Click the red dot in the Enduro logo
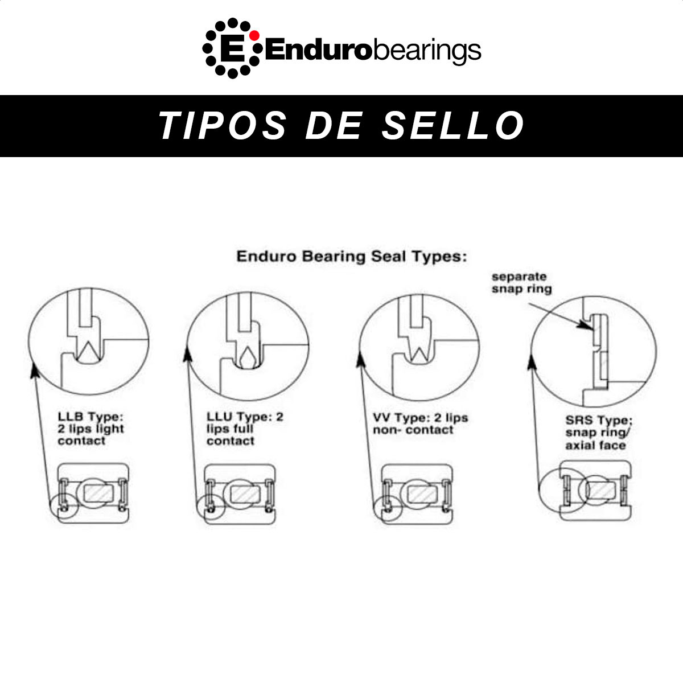coord(254,35)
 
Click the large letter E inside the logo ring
coord(232,48)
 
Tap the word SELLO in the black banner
coord(452,125)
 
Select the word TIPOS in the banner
coord(222,125)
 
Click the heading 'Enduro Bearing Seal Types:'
coord(352,256)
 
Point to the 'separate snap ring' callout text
coord(521,283)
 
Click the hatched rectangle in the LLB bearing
coord(98,493)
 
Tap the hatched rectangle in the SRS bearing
coord(601,491)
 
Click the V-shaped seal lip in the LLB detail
coord(88,349)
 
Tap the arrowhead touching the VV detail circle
coord(360,360)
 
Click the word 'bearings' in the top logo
coord(427,51)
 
